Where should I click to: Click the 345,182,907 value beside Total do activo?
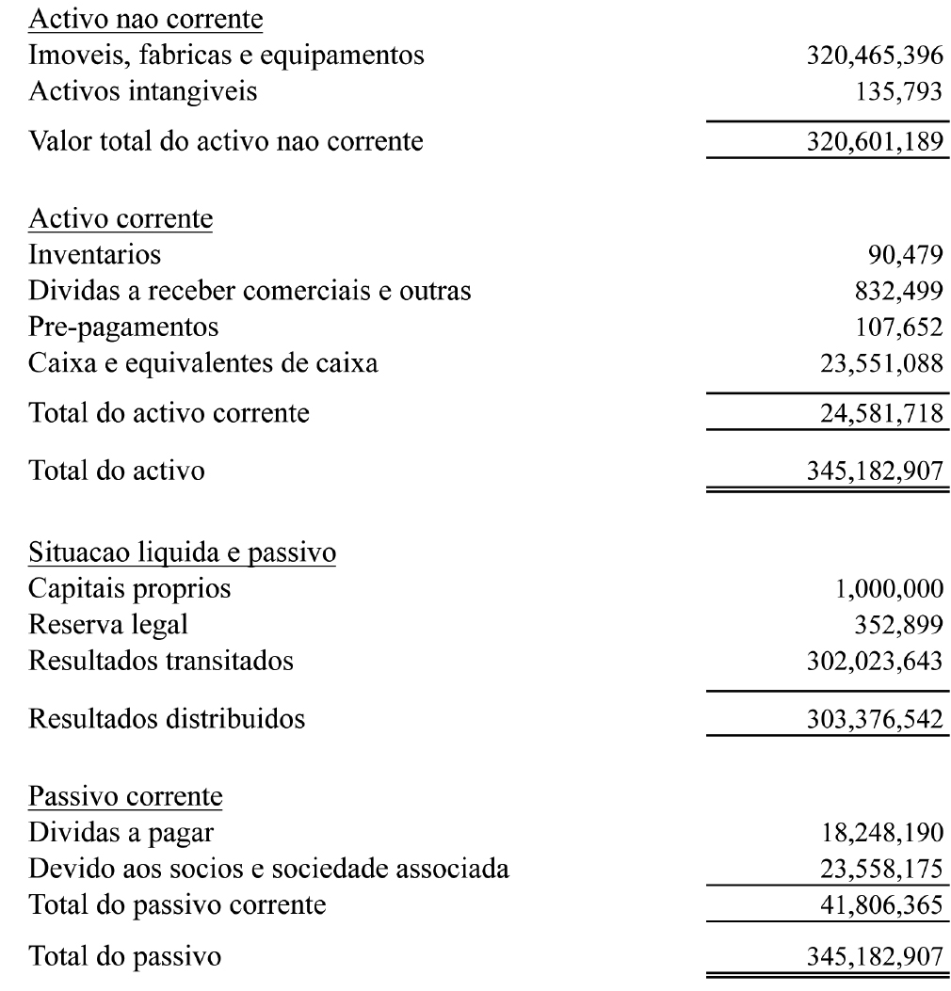(x=869, y=467)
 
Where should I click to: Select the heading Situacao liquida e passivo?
(x=183, y=553)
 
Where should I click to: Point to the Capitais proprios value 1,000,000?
(x=885, y=590)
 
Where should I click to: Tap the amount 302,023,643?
(x=869, y=662)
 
